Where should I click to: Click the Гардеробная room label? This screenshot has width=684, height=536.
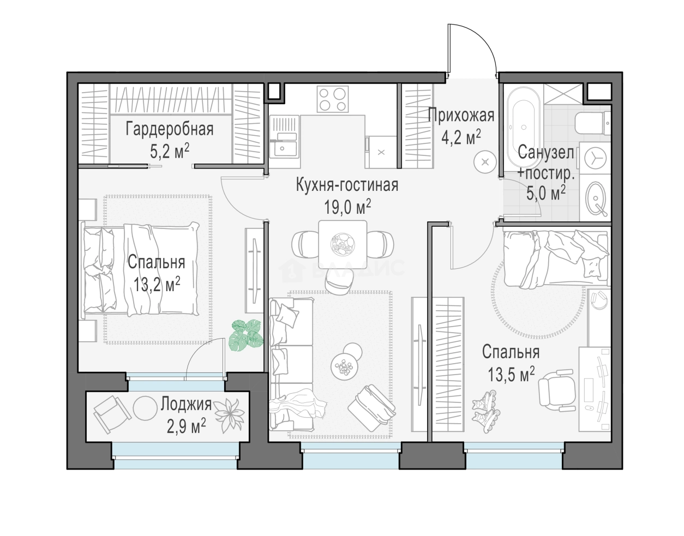point(169,129)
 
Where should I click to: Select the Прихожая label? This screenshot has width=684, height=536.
point(461,116)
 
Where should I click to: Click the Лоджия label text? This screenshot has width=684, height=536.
point(186,404)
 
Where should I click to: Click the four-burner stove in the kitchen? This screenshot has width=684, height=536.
point(333,99)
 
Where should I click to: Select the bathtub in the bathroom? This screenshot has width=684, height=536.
point(524,128)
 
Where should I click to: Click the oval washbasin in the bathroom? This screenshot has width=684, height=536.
point(596,198)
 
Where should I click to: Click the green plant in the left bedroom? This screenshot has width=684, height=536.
point(246,335)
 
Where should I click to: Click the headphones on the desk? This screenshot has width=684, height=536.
point(599,300)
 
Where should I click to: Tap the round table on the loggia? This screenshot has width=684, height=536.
point(145,408)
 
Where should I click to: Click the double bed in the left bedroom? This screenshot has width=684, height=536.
point(140,269)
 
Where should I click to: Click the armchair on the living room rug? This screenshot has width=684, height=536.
point(372,408)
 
